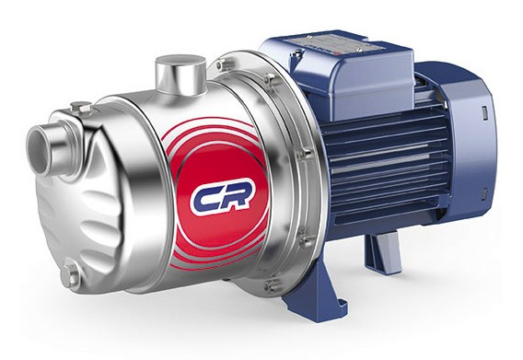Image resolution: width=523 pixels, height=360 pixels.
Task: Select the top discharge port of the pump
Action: point(180,75)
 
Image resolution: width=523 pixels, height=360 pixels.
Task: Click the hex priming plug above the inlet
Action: point(80,108)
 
